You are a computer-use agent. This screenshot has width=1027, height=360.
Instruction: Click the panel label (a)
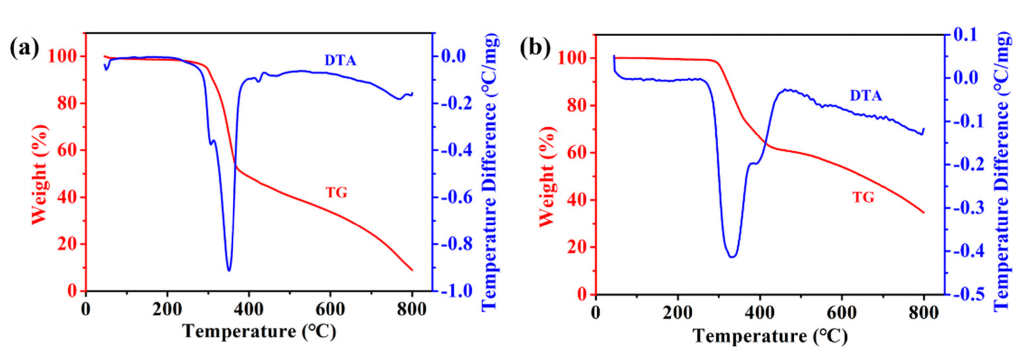tap(25, 49)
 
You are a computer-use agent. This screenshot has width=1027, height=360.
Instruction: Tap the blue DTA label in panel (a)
tap(340, 60)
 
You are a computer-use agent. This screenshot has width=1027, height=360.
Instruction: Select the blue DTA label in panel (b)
tap(866, 96)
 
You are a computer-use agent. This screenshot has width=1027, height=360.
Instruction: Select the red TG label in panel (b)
tap(863, 197)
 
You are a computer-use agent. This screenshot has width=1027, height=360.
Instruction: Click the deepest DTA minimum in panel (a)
tap(229, 270)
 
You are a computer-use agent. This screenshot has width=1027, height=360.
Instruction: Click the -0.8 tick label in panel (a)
tap(457, 244)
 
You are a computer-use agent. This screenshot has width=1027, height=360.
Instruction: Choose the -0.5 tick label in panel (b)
tap(966, 295)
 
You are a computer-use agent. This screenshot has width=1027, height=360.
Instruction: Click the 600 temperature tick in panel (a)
tap(330, 310)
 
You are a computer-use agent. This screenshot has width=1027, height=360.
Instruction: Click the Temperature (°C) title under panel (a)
tap(259, 332)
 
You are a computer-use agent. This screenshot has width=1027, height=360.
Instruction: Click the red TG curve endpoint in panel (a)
tap(412, 270)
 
